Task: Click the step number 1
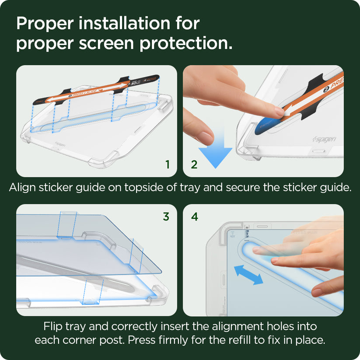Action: coord(167,164)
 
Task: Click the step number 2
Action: coord(194,164)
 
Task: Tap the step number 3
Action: coord(166,217)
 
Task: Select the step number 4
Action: coord(194,217)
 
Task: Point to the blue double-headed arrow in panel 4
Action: coord(248,275)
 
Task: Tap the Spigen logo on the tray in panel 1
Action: coord(63,143)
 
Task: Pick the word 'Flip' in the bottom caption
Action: coord(53,326)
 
